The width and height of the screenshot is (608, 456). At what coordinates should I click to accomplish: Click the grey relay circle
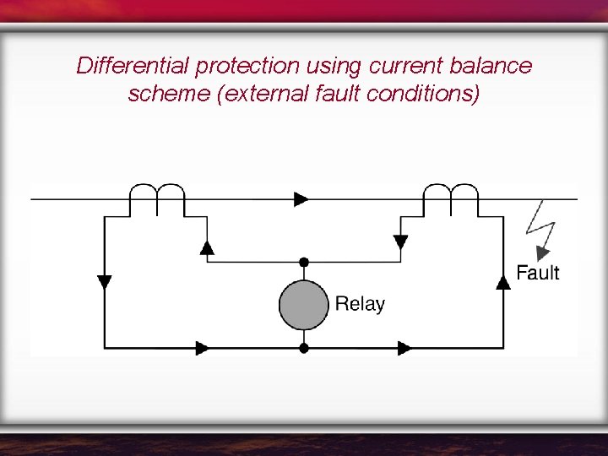pyautogui.click(x=303, y=305)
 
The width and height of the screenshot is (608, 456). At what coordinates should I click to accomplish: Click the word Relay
pyautogui.click(x=360, y=304)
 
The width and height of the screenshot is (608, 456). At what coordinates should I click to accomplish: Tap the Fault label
pyautogui.click(x=537, y=272)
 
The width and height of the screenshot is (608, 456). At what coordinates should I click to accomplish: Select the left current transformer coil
pyautogui.click(x=157, y=196)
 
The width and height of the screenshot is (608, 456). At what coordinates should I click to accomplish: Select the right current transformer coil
pyautogui.click(x=450, y=196)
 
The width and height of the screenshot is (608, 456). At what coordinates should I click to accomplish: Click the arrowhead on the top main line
pyautogui.click(x=301, y=199)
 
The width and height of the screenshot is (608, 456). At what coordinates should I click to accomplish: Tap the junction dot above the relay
pyautogui.click(x=304, y=263)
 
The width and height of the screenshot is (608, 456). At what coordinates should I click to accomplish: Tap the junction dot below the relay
pyautogui.click(x=304, y=347)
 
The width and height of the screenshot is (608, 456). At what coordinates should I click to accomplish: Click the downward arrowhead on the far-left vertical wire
pyautogui.click(x=105, y=282)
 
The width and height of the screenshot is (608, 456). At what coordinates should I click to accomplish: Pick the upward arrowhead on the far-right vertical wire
pyautogui.click(x=503, y=282)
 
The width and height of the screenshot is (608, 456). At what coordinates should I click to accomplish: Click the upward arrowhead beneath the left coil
pyautogui.click(x=207, y=247)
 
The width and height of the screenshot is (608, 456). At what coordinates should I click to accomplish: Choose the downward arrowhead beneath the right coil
pyautogui.click(x=400, y=242)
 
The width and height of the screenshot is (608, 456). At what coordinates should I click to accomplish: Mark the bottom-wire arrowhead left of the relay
pyautogui.click(x=203, y=347)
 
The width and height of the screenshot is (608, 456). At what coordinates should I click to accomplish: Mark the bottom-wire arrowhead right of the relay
pyautogui.click(x=404, y=347)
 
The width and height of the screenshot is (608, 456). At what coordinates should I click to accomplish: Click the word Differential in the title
pyautogui.click(x=133, y=66)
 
